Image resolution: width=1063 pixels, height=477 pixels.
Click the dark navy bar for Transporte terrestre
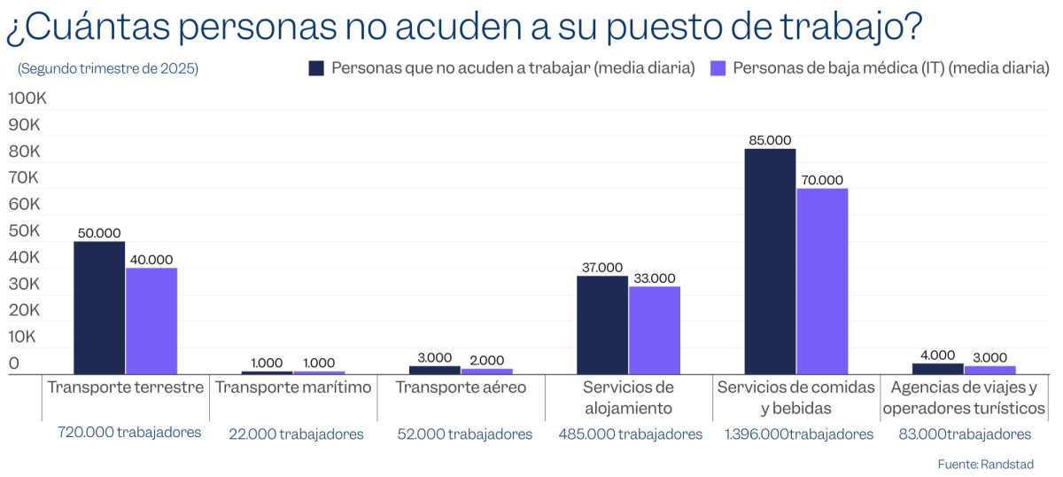(98, 308)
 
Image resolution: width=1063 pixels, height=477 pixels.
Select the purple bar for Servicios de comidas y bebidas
(822, 281)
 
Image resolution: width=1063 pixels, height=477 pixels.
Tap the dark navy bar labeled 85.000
(770, 262)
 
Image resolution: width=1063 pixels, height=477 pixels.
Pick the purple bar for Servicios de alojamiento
(655, 330)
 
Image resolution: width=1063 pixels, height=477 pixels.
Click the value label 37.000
(602, 267)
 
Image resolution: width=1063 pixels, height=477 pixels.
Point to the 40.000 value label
(151, 259)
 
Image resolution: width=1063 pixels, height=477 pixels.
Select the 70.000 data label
(822, 180)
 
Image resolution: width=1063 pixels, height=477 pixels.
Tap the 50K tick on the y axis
(24, 231)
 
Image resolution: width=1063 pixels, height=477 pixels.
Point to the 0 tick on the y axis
(13, 364)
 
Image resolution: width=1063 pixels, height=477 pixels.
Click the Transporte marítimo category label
(293, 387)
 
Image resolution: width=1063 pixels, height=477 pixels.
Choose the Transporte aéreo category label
(461, 387)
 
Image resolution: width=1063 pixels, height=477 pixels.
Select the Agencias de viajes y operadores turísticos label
(964, 398)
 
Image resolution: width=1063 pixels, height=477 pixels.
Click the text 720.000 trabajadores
(129, 433)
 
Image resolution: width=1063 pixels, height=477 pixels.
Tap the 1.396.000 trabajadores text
(798, 434)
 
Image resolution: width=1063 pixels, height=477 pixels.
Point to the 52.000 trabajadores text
(464, 434)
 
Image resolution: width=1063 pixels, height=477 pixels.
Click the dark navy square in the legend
(316, 68)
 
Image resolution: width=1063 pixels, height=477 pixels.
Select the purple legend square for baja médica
(718, 68)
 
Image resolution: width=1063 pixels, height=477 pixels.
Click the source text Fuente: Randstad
(985, 464)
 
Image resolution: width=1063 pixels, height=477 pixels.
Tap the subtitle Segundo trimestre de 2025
(108, 68)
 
